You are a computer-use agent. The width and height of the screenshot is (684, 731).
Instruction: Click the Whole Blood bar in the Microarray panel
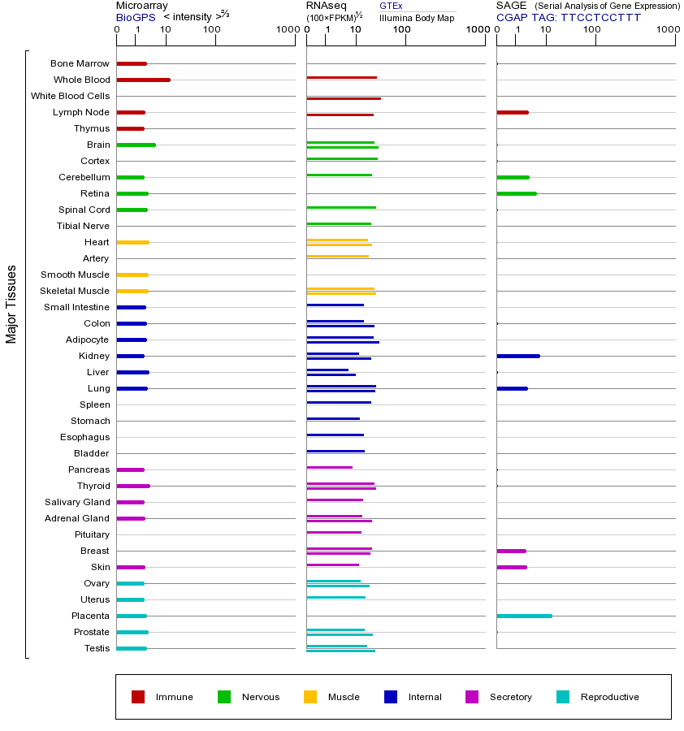click(x=143, y=80)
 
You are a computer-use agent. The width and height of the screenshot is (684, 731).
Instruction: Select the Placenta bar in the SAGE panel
click(x=524, y=616)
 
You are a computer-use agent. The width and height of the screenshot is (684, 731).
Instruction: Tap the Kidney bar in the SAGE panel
click(x=517, y=356)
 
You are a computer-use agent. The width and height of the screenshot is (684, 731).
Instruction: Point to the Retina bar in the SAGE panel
click(x=516, y=193)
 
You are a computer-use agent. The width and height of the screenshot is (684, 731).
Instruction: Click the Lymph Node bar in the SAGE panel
click(x=512, y=112)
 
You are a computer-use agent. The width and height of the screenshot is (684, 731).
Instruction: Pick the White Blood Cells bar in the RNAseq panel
click(x=343, y=98)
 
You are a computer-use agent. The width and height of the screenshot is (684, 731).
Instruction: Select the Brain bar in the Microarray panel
click(x=136, y=145)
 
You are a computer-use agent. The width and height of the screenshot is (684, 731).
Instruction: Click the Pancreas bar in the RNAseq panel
click(x=329, y=467)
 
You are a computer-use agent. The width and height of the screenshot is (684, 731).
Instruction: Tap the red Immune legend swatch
click(x=138, y=697)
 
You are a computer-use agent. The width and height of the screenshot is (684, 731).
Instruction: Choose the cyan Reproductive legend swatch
click(x=563, y=697)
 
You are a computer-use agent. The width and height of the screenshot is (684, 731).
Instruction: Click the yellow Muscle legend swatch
click(x=310, y=697)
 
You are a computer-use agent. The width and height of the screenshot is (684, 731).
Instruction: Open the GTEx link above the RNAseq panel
click(x=391, y=6)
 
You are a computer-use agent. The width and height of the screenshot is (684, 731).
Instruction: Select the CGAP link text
click(x=511, y=17)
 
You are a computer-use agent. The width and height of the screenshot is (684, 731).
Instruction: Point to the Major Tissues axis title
click(x=11, y=304)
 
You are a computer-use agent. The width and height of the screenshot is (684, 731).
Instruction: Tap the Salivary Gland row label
click(x=77, y=502)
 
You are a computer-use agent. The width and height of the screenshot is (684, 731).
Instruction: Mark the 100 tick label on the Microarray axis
click(x=211, y=30)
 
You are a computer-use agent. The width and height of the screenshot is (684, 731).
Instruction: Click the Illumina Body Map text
click(x=417, y=17)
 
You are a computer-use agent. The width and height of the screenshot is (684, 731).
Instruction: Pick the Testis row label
click(x=97, y=648)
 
